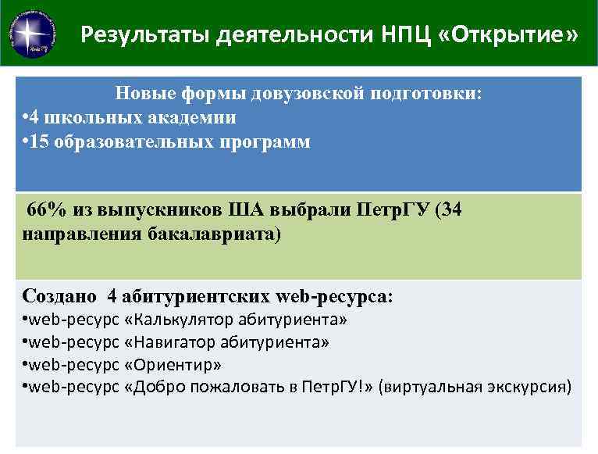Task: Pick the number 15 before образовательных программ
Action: [x=41, y=142]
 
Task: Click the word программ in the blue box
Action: [x=271, y=142]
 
